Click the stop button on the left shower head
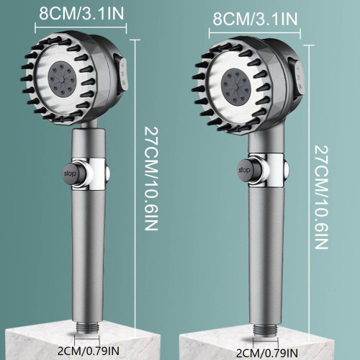[71, 174]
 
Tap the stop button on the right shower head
[245, 171]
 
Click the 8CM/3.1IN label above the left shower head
[81, 13]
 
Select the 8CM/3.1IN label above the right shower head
[255, 19]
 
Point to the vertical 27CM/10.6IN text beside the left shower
[151, 179]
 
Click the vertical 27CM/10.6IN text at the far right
[321, 197]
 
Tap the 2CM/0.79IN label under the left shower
[89, 351]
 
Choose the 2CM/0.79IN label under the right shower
[267, 353]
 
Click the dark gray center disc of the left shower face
[62, 78]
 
